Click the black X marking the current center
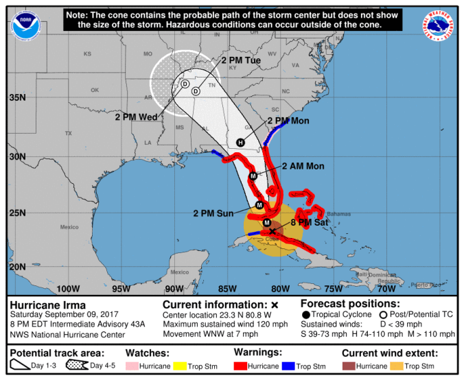click(272, 231)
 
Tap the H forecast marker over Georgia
click(240, 143)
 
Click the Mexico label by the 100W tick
click(69, 226)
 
